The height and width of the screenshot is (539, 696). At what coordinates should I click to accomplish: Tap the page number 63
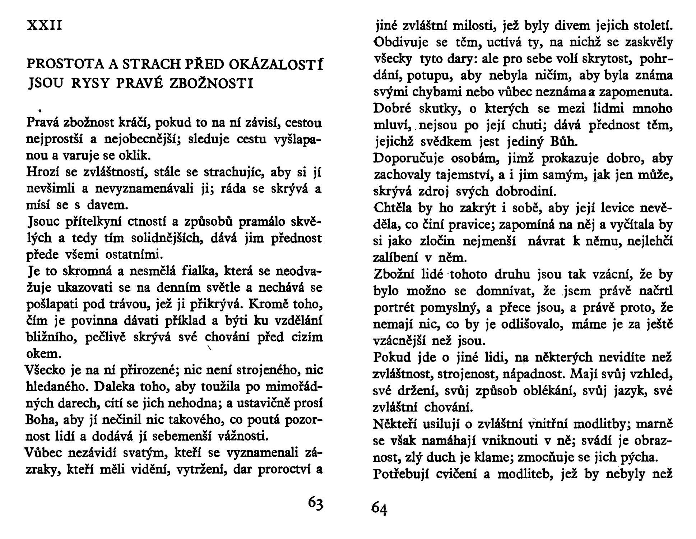click(316, 503)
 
